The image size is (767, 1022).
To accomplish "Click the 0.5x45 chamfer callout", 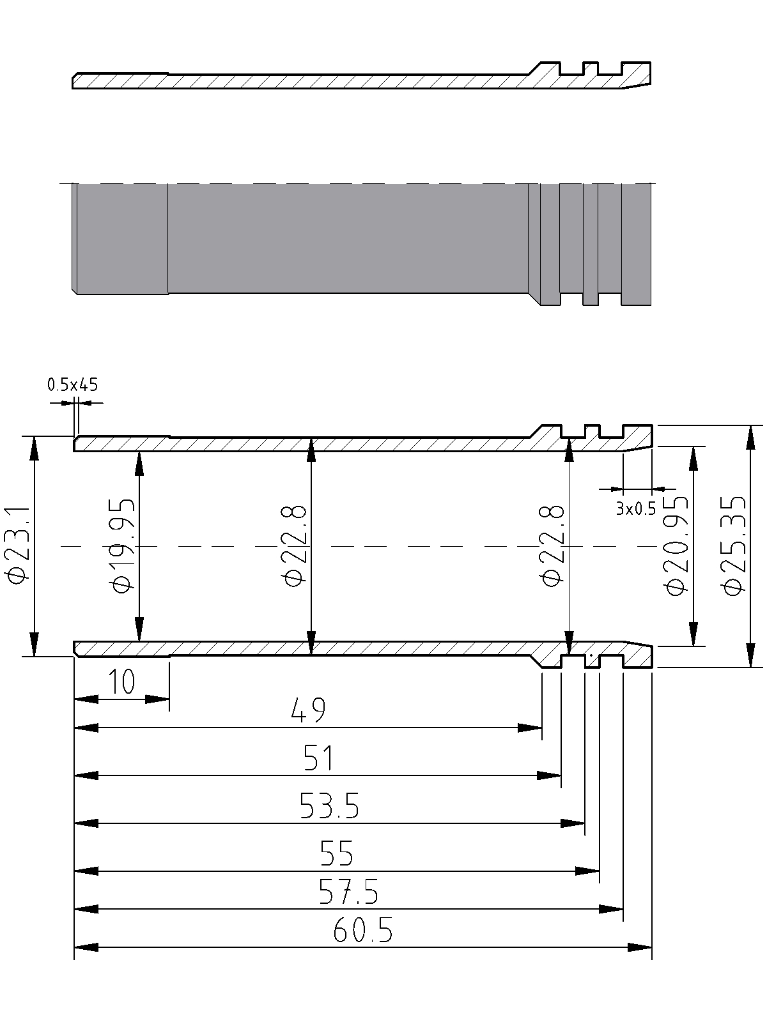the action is [73, 385].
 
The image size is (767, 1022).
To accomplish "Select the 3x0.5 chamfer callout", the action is [636, 508].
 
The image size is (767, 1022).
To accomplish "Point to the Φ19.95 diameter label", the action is [123, 545].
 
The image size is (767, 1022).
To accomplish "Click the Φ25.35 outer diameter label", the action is [733, 545].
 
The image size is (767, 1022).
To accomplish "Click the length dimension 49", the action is [308, 710].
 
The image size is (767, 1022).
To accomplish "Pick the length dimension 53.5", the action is [329, 806].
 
